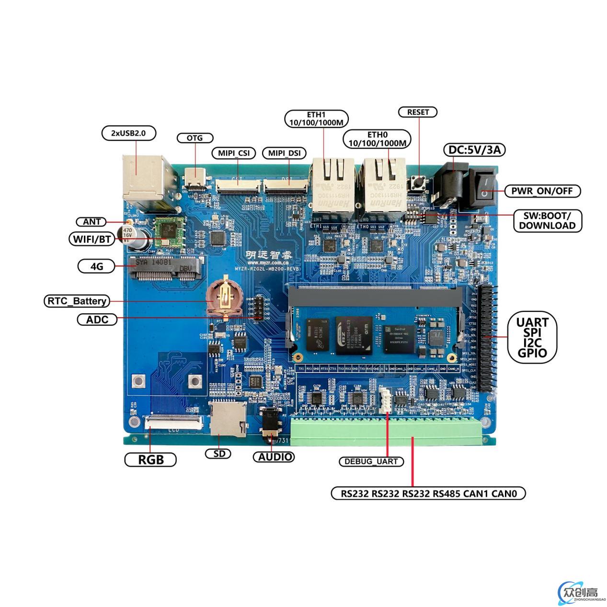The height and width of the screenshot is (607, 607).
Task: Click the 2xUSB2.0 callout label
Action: tap(129, 133)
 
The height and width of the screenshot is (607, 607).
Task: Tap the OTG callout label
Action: tap(195, 138)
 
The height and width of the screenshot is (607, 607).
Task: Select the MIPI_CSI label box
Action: tap(234, 153)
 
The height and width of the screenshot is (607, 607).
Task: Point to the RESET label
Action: tap(418, 112)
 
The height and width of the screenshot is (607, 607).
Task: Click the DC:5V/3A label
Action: tap(474, 150)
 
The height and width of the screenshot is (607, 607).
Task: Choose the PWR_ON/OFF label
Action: tap(542, 191)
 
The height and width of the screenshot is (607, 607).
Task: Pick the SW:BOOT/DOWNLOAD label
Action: tap(547, 220)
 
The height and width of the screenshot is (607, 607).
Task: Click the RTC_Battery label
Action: tap(77, 301)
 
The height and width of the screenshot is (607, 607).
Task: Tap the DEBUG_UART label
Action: tap(371, 461)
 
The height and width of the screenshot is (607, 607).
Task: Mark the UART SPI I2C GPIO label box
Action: tap(532, 337)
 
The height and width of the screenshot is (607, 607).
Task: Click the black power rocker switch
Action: tap(483, 188)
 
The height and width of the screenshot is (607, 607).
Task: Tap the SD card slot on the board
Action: tap(228, 419)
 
